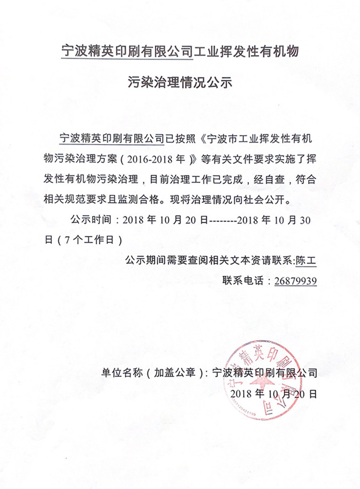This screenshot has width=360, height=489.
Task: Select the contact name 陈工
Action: [x=307, y=261]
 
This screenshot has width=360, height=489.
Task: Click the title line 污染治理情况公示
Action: [x=180, y=82]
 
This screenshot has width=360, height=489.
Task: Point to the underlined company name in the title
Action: [x=127, y=51]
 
